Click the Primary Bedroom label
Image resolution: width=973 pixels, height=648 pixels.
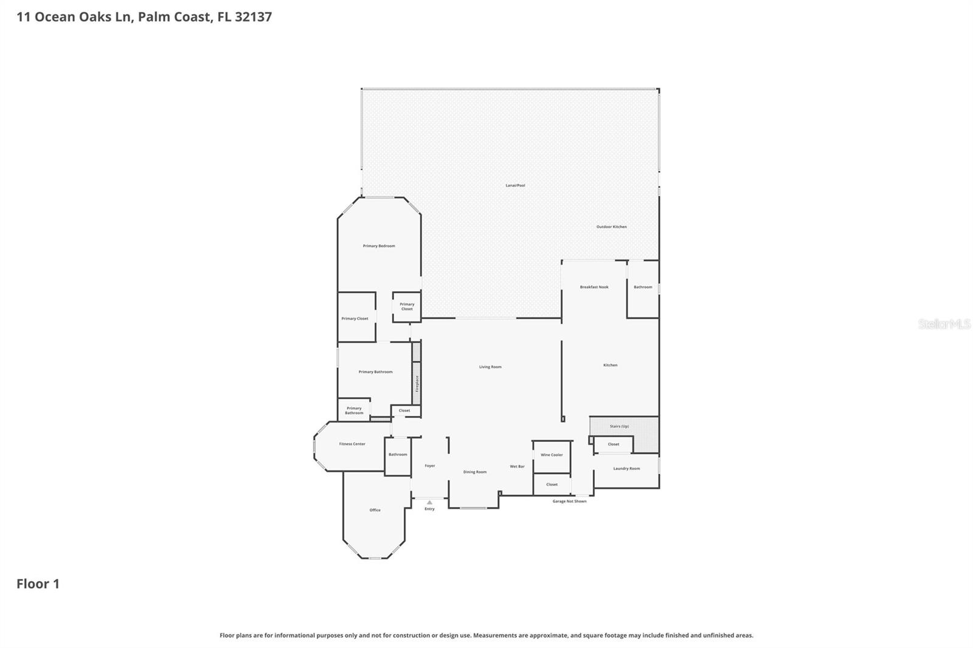379,246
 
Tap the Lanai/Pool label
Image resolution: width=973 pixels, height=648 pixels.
515,185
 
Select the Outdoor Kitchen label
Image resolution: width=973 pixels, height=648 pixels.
611,227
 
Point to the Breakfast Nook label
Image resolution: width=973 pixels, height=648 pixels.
594,287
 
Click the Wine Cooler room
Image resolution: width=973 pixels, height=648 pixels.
552,455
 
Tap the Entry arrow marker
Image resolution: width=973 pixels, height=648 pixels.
429,503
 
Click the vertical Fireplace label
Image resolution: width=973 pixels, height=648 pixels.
417,383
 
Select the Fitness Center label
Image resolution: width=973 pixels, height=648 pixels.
352,444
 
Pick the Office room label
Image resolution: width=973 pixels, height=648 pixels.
375,510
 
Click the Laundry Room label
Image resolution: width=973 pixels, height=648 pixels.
626,469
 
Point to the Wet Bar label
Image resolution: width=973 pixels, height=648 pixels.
517,466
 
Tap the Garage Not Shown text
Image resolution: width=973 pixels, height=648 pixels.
569,502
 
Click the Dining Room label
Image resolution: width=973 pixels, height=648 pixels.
475,472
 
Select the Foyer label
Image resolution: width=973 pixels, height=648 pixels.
430,466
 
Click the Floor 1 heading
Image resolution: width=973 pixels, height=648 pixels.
38,584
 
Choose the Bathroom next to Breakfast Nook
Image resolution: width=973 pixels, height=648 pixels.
643,287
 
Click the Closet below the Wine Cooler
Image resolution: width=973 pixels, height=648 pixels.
552,484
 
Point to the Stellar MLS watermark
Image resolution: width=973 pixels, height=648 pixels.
944,324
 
